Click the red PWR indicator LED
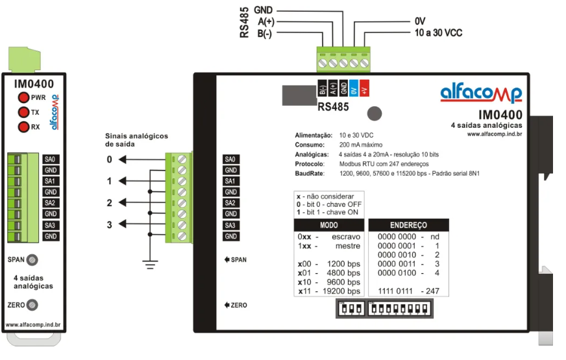pyautogui.click(x=23, y=98)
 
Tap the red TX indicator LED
pyautogui.click(x=23, y=112)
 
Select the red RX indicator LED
pyautogui.click(x=23, y=126)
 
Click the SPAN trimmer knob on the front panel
pyautogui.click(x=32, y=259)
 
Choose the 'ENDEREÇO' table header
pyautogui.click(x=408, y=224)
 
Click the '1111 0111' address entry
pyautogui.click(x=399, y=291)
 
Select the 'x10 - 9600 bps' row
pyautogui.click(x=328, y=282)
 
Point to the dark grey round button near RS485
pyautogui.click(x=375, y=114)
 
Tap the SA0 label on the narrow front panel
pyautogui.click(x=50, y=159)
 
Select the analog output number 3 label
pyautogui.click(x=110, y=225)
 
